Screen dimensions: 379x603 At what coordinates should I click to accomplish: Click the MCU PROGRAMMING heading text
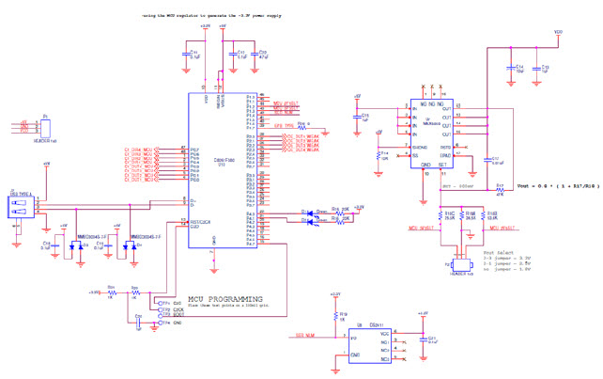(x=226, y=298)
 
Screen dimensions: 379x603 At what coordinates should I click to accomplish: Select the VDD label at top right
(x=559, y=33)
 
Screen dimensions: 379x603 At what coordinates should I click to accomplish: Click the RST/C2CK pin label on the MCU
(x=202, y=222)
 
